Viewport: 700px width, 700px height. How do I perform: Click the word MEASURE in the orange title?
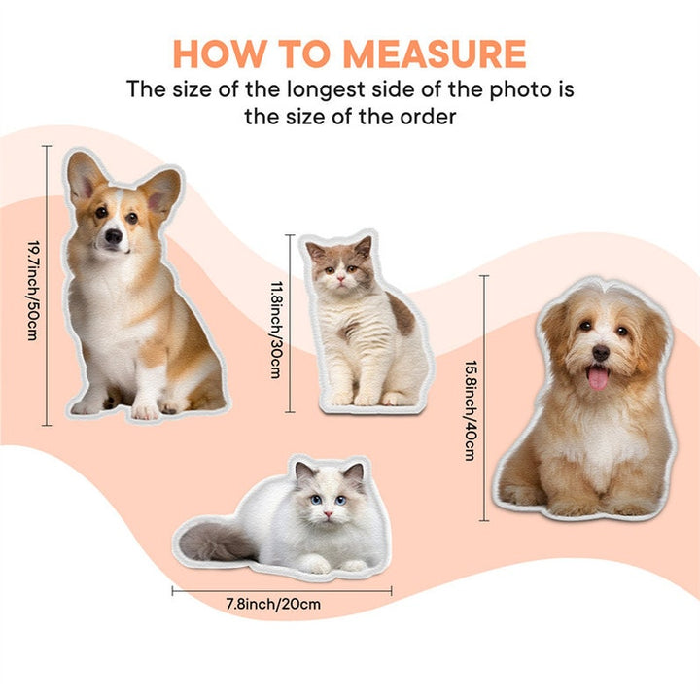pos(435,54)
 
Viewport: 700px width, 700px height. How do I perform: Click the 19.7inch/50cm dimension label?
pos(33,291)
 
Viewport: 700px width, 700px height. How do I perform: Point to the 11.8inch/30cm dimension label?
pos(276,330)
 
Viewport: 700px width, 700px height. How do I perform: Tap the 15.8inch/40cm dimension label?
pos(471,410)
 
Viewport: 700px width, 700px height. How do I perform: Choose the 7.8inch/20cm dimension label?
pos(273,604)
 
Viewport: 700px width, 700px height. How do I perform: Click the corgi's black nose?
pos(114,235)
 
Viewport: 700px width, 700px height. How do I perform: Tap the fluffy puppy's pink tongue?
pos(598,377)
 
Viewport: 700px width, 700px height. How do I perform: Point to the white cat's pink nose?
pos(329,514)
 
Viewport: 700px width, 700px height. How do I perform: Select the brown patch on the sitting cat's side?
pos(402,315)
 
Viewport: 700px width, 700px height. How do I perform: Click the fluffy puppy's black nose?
pos(601,353)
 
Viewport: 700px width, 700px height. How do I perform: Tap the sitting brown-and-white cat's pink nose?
pos(340,279)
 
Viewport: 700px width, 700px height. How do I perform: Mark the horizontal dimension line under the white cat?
pos(282,591)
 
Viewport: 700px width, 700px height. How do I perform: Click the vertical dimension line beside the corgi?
pos(47,286)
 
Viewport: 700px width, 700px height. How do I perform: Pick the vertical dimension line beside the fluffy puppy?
pos(484,399)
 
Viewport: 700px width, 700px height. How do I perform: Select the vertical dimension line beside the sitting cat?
pos(290,324)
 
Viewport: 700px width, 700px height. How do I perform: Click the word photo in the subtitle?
pos(521,90)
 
